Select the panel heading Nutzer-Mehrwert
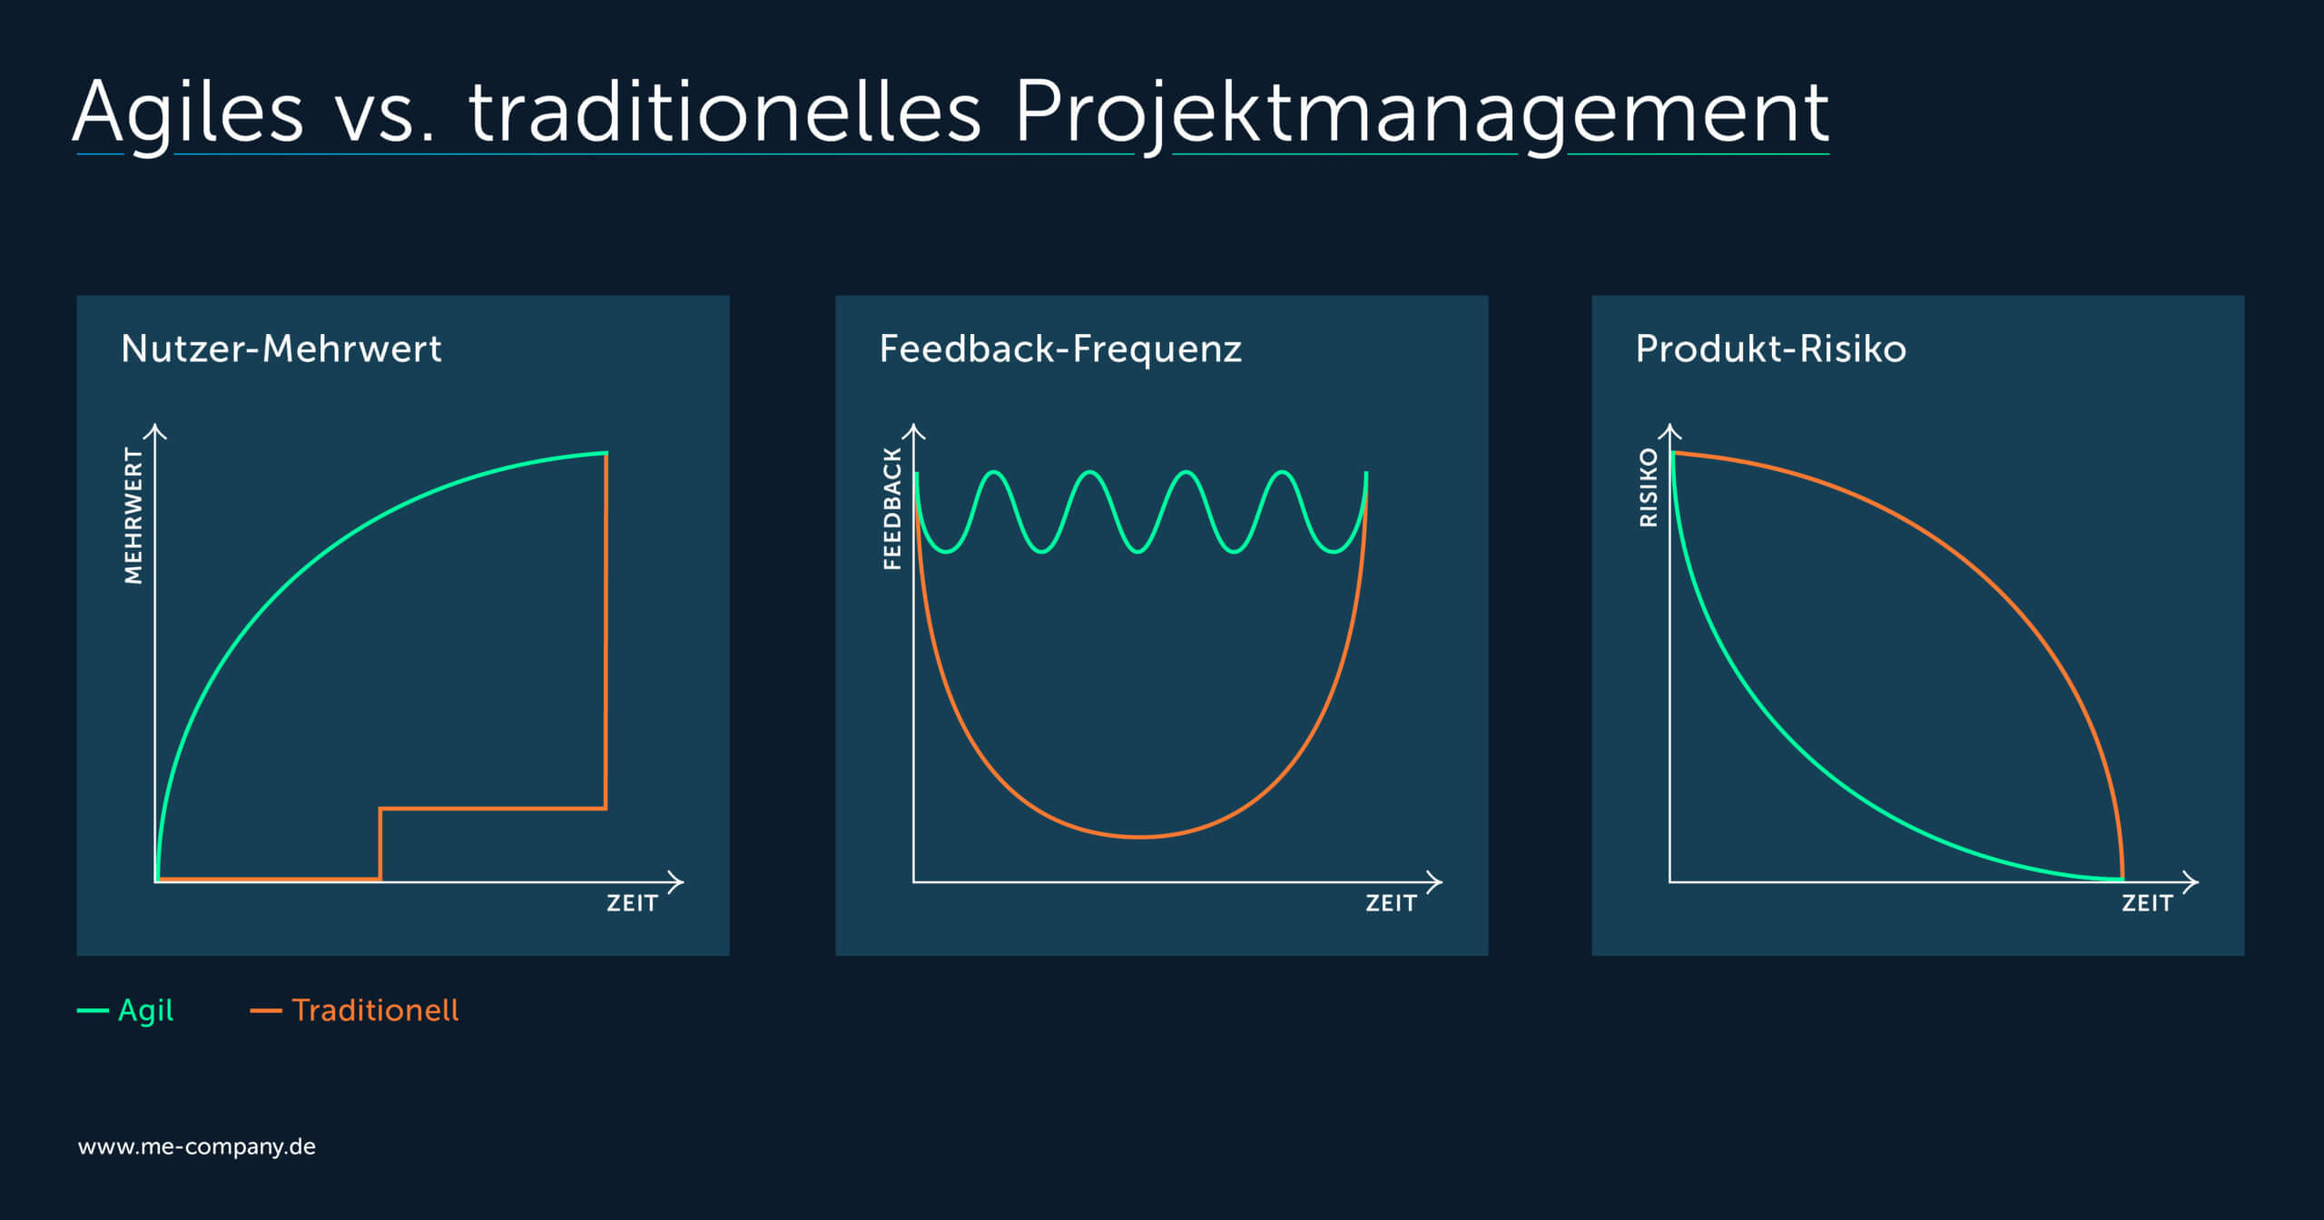click(x=281, y=349)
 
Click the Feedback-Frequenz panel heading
click(x=1060, y=349)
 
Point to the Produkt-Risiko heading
click(x=1771, y=349)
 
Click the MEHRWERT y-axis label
click(x=133, y=516)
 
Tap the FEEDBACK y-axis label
click(x=892, y=508)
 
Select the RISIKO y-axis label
click(x=1649, y=487)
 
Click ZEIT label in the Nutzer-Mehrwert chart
click(x=632, y=903)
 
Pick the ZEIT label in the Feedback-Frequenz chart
click(x=1391, y=903)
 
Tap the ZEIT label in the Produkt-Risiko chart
click(x=2147, y=903)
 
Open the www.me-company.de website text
click(x=197, y=1146)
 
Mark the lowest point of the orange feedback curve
click(x=1141, y=837)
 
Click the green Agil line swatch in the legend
click(x=93, y=1010)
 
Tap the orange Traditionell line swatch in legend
click(x=266, y=1010)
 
